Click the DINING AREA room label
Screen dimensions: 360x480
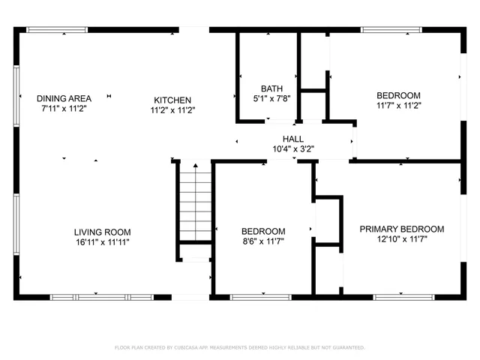coord(64,98)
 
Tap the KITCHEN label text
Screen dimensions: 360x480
coord(172,100)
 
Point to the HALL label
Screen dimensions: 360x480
coord(292,139)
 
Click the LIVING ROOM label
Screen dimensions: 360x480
coord(103,232)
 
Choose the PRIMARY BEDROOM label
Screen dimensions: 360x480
coord(401,229)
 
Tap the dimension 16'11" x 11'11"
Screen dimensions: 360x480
coord(103,242)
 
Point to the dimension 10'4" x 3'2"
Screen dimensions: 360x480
coord(292,148)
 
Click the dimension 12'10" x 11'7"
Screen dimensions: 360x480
coord(401,239)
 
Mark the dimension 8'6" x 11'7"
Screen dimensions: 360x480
coord(262,241)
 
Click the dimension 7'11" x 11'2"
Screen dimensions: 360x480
coord(64,109)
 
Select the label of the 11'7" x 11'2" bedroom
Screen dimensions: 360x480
coord(398,95)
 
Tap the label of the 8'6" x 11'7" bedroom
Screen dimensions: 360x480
coord(262,231)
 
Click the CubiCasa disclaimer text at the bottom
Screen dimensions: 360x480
coord(239,347)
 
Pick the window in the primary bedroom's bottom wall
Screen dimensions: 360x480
coord(404,297)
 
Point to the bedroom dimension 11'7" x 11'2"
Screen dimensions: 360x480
coord(398,106)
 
